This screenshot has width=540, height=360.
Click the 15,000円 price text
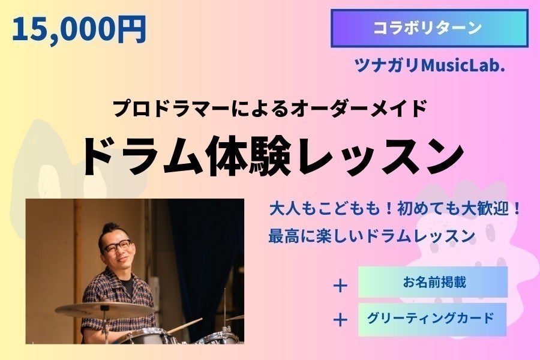pos(79,30)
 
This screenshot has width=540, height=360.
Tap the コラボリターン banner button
pos(430,28)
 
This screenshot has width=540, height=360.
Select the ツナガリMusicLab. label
pos(430,65)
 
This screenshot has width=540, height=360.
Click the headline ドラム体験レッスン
pos(272,157)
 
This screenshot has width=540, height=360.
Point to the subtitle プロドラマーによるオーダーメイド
pos(269,108)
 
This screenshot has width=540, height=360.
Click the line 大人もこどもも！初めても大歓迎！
pos(395,209)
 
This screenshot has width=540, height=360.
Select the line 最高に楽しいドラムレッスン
pos(372,236)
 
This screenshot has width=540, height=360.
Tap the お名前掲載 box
pos(433,282)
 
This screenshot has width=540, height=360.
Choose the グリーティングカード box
pos(432,319)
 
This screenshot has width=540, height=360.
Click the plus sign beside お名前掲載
pos(340,286)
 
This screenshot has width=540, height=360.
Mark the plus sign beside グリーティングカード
pos(340,320)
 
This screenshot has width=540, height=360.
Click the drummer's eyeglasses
pos(117,247)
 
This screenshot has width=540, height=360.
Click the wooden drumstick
pos(185,326)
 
